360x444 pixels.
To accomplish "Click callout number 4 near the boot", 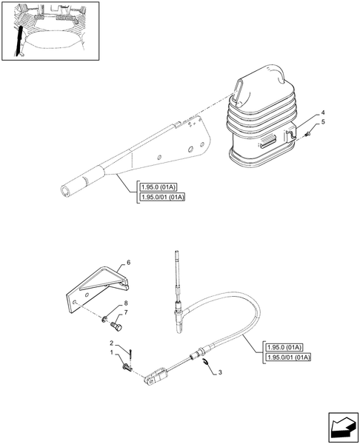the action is [323, 112].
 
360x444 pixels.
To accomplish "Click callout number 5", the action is [323, 122].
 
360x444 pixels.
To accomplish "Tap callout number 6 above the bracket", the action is [128, 263].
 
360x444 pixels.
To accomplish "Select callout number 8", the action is [126, 303].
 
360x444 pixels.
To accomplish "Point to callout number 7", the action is [126, 312].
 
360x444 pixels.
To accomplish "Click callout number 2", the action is [112, 343].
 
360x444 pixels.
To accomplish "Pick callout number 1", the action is [112, 352].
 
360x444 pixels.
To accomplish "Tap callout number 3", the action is [220, 372].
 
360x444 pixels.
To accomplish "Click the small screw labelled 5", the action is [309, 133].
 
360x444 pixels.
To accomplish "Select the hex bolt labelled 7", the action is [117, 326].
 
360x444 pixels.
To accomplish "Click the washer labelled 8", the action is [104, 320].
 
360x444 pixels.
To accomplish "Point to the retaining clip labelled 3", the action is [206, 361].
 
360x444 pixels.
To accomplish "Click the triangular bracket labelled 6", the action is [96, 289].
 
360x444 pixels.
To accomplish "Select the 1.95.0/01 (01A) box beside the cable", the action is [288, 357].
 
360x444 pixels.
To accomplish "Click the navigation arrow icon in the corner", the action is [343, 428].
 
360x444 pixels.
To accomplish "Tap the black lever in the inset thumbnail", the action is [19, 41].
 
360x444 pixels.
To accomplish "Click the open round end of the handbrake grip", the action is [66, 191].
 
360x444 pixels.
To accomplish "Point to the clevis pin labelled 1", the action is [127, 368].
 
